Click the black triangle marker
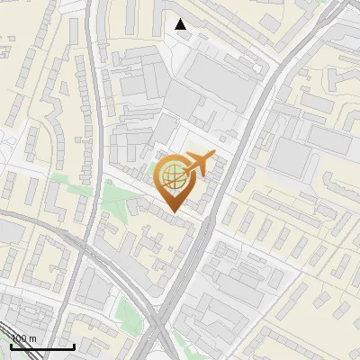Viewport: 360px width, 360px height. [181, 24]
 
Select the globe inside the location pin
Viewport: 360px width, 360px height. [171, 174]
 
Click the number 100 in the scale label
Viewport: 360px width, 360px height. [19, 338]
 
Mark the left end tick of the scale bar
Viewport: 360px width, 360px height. [12, 346]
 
